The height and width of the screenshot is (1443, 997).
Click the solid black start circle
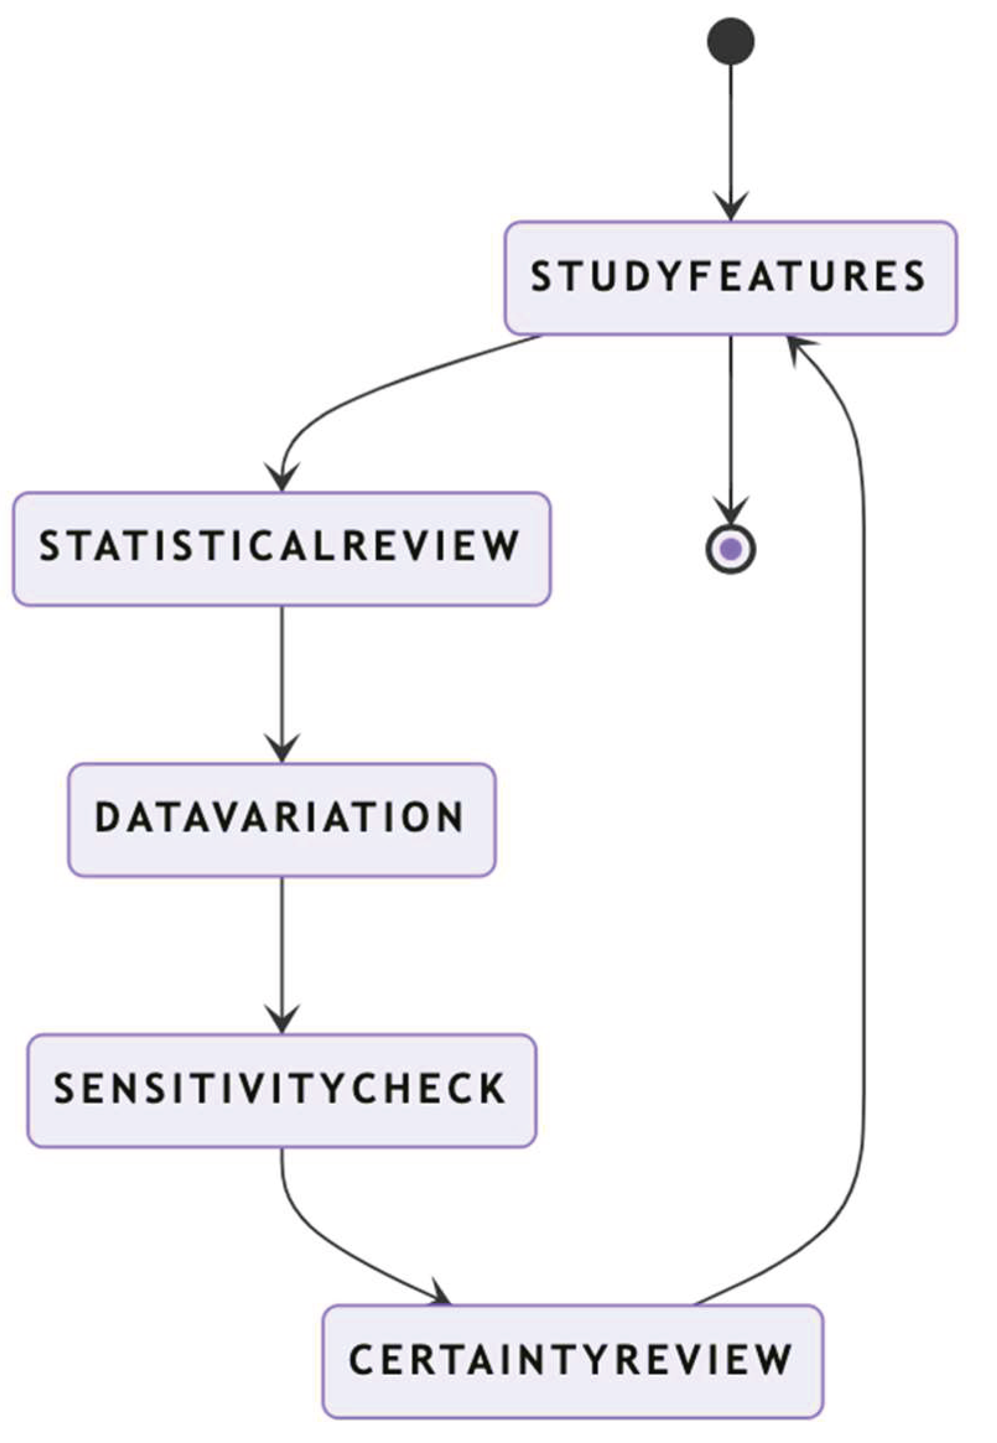coord(730,41)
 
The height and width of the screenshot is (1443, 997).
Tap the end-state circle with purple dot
coord(730,549)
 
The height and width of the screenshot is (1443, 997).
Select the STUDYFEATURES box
coord(730,278)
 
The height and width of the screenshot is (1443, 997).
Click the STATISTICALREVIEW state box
coord(282,549)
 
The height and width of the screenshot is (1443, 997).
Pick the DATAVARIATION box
coord(282,820)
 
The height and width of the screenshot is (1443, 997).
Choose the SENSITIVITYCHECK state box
coord(282,1091)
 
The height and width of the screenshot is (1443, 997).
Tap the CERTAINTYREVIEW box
coord(572,1361)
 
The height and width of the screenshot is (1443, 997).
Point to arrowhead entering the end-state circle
coord(730,509)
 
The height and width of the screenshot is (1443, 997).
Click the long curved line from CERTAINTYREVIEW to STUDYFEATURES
coord(864,812)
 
